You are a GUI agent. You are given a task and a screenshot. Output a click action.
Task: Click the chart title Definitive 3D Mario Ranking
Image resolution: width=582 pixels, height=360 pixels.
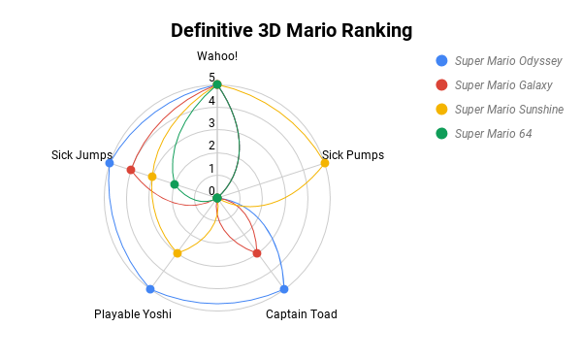click(291, 30)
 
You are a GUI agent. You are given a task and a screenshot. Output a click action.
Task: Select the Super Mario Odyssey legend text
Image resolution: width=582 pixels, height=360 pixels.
click(508, 60)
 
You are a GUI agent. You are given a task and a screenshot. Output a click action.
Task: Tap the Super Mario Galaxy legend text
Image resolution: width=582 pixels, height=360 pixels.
click(502, 85)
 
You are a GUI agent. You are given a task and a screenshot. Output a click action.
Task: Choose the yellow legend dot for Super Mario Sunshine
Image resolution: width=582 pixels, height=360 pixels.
click(441, 110)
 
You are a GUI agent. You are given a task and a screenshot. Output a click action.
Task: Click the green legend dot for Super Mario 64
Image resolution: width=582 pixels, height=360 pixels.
click(441, 134)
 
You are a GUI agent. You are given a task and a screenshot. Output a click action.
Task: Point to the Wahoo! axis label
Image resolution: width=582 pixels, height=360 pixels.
click(217, 56)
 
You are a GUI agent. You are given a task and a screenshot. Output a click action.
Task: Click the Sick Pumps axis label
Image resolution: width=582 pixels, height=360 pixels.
click(353, 154)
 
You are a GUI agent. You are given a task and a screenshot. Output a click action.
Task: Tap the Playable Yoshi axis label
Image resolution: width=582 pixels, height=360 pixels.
click(133, 313)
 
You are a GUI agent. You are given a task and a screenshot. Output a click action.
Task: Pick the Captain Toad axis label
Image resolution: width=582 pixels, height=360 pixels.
click(302, 313)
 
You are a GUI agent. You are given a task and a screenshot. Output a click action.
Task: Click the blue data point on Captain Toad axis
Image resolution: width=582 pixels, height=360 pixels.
click(284, 289)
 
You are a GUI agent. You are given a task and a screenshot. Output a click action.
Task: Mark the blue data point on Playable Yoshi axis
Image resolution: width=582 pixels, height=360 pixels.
click(150, 289)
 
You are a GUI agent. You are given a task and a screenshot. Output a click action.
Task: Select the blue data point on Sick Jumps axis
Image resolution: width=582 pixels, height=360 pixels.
click(110, 163)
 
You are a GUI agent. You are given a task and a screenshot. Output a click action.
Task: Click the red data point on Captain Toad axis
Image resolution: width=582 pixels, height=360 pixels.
click(257, 253)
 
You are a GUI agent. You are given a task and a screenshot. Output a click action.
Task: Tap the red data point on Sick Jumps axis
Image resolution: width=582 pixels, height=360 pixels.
click(131, 171)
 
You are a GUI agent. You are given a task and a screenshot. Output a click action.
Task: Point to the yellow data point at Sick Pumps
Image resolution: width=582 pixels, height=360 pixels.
click(325, 163)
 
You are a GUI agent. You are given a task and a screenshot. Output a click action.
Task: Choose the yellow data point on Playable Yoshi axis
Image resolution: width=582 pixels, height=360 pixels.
click(178, 253)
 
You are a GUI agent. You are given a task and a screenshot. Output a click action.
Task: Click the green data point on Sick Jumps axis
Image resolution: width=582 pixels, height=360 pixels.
click(175, 184)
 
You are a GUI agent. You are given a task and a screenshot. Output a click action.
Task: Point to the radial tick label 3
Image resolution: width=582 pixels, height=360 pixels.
click(211, 123)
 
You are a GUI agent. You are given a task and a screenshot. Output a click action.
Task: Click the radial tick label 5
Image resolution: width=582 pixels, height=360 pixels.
click(211, 78)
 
